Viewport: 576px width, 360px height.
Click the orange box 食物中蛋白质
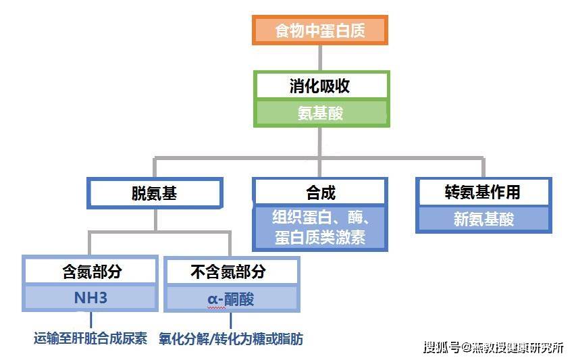tap(320, 30)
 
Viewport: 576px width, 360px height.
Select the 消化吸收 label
tap(319, 86)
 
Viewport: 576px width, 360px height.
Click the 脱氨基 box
tap(155, 193)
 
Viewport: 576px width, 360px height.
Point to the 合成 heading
tap(321, 192)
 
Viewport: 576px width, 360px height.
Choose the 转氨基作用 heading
tap(482, 192)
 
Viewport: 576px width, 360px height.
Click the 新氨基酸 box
tap(483, 219)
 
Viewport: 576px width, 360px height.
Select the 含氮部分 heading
tap(92, 272)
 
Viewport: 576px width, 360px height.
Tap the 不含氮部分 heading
tap(228, 272)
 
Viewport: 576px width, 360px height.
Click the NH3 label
tap(90, 298)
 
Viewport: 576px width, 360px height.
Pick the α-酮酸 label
tap(231, 299)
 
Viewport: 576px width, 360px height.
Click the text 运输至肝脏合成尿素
tap(90, 338)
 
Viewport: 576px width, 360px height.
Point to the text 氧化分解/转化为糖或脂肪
tap(231, 338)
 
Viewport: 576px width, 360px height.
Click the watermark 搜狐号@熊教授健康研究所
tap(494, 347)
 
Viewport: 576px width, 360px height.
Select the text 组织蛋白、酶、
tap(321, 217)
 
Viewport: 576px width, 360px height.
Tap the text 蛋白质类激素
tap(320, 237)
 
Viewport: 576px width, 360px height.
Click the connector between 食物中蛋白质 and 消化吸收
tap(320, 58)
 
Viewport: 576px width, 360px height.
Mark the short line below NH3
tap(90, 320)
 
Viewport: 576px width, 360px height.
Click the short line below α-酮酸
tap(231, 321)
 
